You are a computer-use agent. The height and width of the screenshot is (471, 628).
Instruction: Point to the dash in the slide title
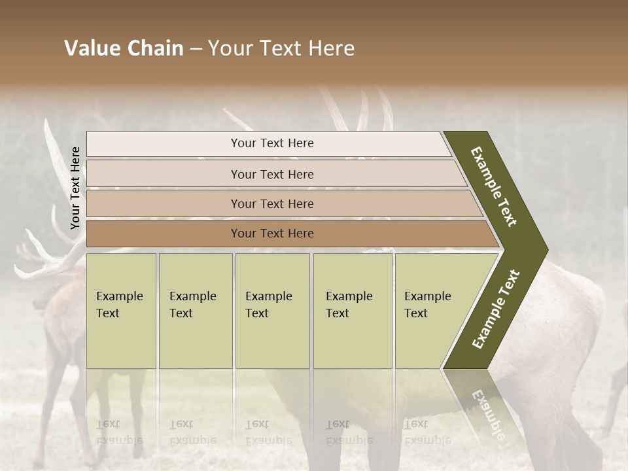[x=196, y=49]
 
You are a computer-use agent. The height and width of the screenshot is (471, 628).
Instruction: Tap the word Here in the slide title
[x=331, y=48]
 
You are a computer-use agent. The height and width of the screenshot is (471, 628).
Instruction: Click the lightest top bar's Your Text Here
[x=272, y=143]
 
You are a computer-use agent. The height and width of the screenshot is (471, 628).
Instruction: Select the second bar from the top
[x=272, y=174]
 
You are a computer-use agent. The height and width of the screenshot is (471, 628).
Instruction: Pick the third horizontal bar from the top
[x=272, y=204]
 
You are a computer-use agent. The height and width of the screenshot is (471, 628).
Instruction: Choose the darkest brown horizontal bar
[x=272, y=234]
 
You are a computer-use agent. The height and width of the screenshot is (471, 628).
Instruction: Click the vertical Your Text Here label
[x=75, y=188]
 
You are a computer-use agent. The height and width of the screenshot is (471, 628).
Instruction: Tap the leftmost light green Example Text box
[x=121, y=311]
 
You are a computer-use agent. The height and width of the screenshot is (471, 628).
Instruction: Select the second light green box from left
[x=195, y=311]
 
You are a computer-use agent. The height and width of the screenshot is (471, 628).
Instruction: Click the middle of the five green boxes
[x=272, y=311]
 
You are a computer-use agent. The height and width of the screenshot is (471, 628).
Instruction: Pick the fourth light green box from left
[x=352, y=311]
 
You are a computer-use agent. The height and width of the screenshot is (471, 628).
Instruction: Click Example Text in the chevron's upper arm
[x=494, y=186]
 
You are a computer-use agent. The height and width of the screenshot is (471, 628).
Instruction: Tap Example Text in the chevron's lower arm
[x=496, y=309]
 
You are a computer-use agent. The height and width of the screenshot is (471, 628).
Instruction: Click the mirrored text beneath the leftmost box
[x=119, y=432]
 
